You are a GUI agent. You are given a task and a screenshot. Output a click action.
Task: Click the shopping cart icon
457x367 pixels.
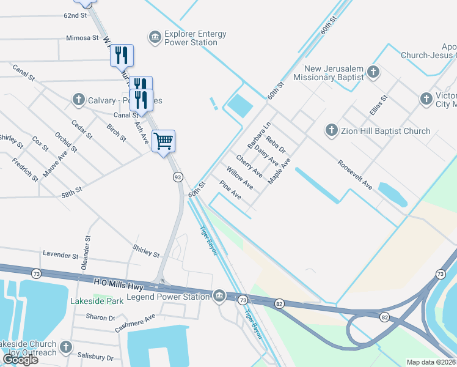[163, 141]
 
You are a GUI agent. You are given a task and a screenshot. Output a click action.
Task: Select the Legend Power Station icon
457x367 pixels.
[219, 297]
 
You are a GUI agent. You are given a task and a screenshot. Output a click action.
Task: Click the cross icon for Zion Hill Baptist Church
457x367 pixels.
[331, 130]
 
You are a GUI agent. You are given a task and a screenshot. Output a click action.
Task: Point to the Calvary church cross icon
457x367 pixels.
[78, 99]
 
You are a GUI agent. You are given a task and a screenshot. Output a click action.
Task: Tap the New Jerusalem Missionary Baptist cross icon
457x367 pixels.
[373, 73]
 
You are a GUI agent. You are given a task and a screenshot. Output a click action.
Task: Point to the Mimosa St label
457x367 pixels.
[82, 38]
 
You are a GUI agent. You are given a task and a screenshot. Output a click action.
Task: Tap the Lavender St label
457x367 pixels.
[62, 254]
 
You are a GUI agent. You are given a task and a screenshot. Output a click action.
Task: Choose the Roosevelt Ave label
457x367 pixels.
[355, 175]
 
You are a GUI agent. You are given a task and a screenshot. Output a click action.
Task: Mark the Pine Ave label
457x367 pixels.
[230, 192]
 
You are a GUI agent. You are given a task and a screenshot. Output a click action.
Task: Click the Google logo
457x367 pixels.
[20, 360]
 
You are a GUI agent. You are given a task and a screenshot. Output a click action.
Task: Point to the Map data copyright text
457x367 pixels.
[431, 362]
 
